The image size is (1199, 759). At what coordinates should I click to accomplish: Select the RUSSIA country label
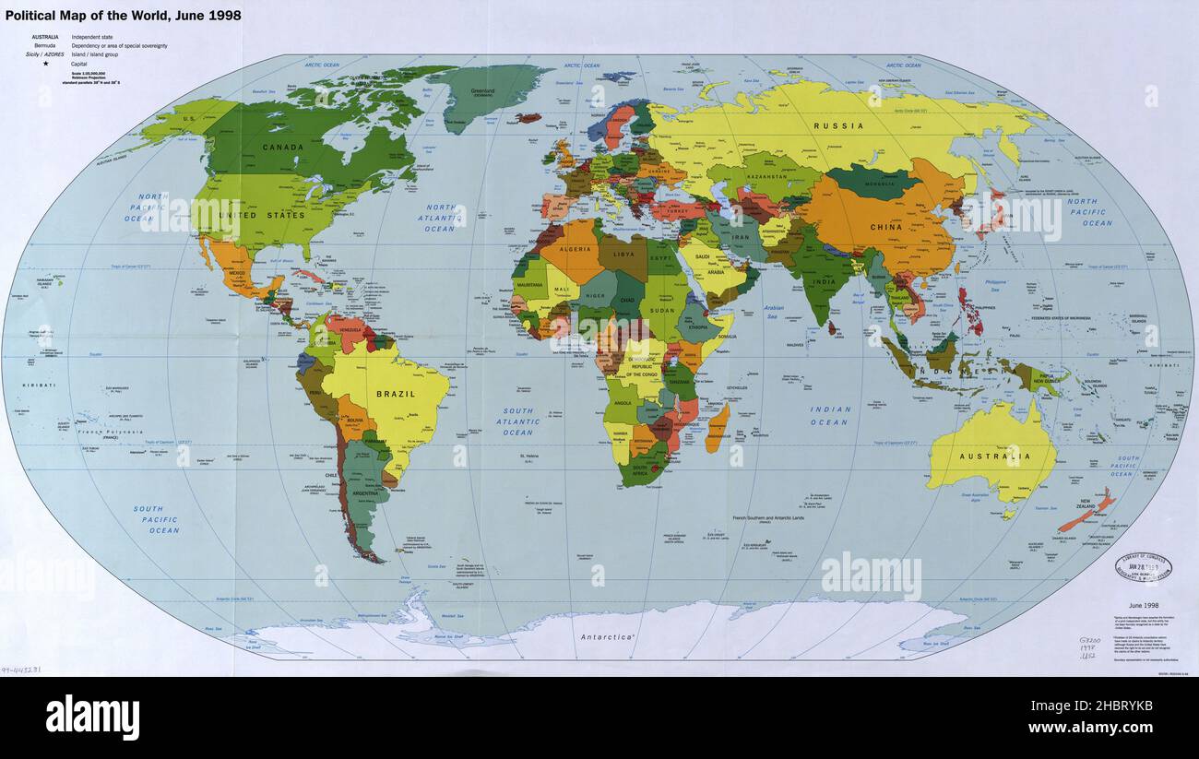pyautogui.click(x=839, y=125)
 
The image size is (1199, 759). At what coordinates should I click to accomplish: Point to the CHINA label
pyautogui.click(x=885, y=227)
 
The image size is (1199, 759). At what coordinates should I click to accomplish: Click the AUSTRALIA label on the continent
pyautogui.click(x=994, y=457)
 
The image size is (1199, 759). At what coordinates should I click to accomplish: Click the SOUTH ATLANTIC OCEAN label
pyautogui.click(x=517, y=421)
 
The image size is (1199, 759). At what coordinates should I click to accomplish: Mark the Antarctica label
pyautogui.click(x=608, y=637)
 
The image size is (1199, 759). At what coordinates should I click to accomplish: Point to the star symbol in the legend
pyautogui.click(x=45, y=64)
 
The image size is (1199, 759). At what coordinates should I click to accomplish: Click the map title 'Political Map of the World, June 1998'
pyautogui.click(x=122, y=16)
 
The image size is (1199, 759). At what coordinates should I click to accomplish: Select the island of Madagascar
pyautogui.click(x=717, y=430)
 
